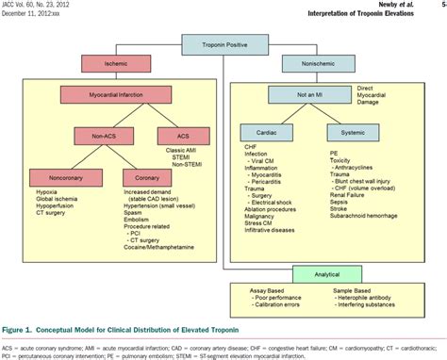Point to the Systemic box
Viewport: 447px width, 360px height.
tap(354, 133)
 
